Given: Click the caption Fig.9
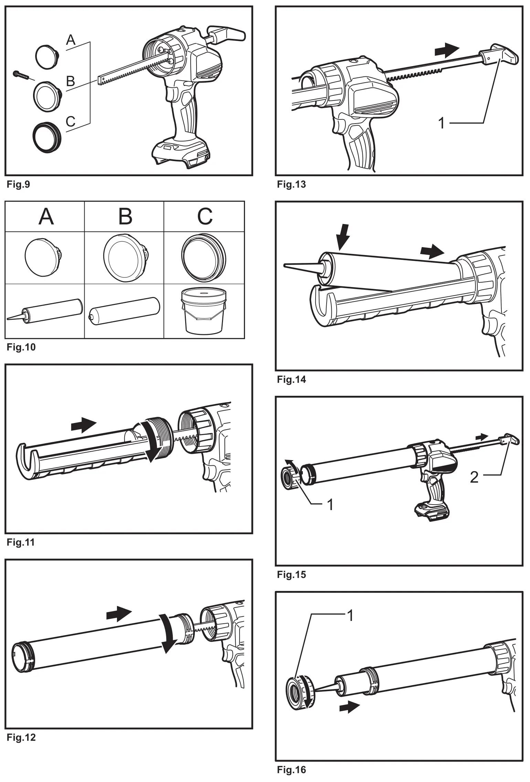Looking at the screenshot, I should click(18, 184).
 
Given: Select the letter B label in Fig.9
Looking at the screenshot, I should click(71, 81).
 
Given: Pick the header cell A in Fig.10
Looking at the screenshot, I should click(46, 217).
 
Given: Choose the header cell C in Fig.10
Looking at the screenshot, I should click(205, 217).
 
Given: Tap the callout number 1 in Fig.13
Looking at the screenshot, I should click(442, 123).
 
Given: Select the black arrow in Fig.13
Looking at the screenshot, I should click(447, 51).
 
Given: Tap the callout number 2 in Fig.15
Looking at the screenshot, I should click(474, 477).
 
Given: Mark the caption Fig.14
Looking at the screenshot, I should click(291, 380).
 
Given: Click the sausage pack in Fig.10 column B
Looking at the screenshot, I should click(124, 310).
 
